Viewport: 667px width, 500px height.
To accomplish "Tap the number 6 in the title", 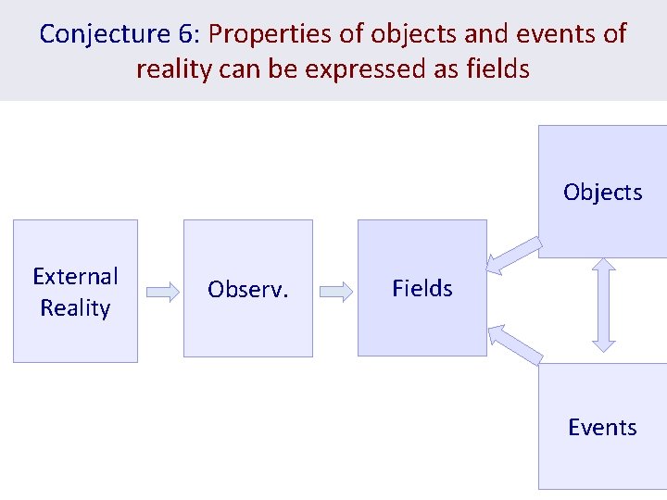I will pyautogui.click(x=184, y=34).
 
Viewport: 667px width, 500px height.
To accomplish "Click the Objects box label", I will pyautogui.click(x=602, y=193).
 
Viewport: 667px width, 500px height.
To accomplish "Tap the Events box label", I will pyautogui.click(x=602, y=428).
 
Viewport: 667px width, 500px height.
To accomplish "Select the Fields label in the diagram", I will pyautogui.click(x=422, y=289).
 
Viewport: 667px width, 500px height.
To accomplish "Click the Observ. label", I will pyautogui.click(x=247, y=290).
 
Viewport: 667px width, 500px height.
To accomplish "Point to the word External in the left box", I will pyautogui.click(x=75, y=276).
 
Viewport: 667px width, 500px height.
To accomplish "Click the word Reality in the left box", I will pyautogui.click(x=75, y=307).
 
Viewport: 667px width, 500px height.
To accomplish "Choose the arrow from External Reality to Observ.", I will pyautogui.click(x=162, y=293).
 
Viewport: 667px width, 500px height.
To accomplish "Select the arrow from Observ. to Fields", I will pyautogui.click(x=336, y=293).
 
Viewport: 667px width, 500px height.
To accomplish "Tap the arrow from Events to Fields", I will pyautogui.click(x=515, y=344).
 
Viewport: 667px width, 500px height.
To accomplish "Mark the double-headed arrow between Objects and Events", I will pyautogui.click(x=603, y=304).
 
